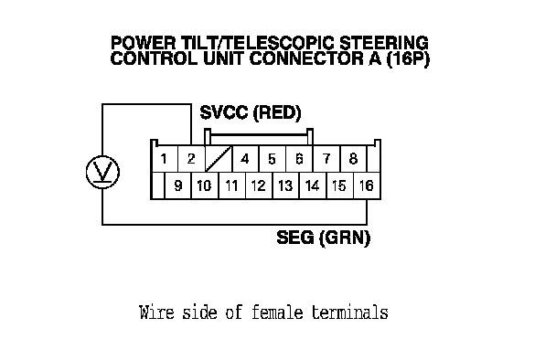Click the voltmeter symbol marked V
[x=102, y=172]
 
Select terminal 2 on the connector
[x=191, y=159]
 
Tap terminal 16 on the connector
[x=367, y=185]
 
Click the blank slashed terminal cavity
[x=219, y=159]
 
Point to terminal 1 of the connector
[x=164, y=159]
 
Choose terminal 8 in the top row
[x=353, y=159]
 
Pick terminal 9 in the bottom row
[x=178, y=185]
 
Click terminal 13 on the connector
[x=286, y=185]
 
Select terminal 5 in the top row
[x=273, y=159]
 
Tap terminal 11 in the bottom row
[x=232, y=185]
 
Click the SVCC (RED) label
[x=251, y=112]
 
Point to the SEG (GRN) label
[x=324, y=238]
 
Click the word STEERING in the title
[x=384, y=43]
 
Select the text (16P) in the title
[x=408, y=58]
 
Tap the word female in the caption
[x=277, y=312]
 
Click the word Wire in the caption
[x=156, y=312]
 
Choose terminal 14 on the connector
[x=313, y=185]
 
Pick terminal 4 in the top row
[x=245, y=159]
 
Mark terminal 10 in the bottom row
[x=205, y=185]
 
